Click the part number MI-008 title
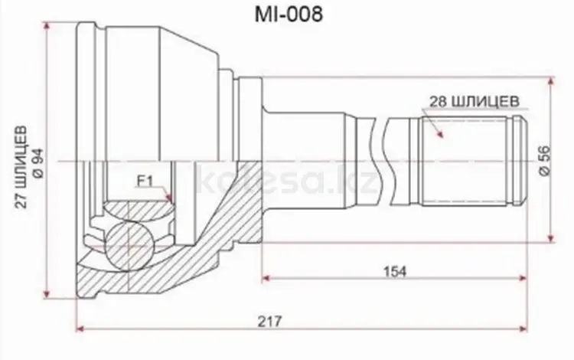289,14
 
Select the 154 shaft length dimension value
395,271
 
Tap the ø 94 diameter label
39,163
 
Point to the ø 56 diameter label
545,160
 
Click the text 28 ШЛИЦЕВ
474,101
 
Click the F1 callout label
145,181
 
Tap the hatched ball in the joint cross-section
129,246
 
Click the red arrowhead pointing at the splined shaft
440,134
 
